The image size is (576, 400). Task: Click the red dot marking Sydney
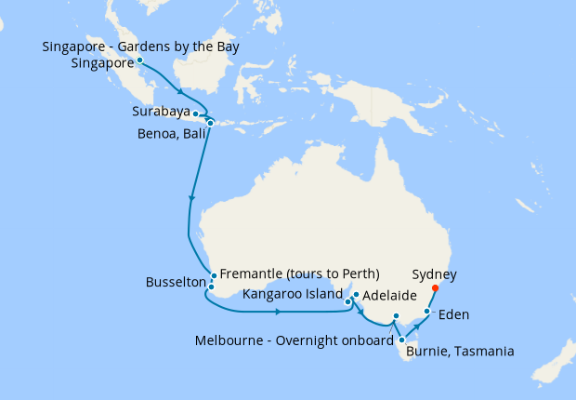coord(435,287)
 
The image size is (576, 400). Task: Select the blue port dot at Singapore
coord(139,60)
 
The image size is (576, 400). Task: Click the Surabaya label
coord(161,112)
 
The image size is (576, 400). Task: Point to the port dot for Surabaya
coord(195,113)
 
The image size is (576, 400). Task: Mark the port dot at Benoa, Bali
coord(211,123)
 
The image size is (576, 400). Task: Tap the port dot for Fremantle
coord(214,275)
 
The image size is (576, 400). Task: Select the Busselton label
coord(176,281)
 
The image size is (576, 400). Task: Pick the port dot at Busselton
coord(211,287)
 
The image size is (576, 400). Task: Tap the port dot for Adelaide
coord(356,295)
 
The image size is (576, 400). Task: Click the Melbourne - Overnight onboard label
coord(295,340)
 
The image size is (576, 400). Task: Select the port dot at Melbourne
coord(396,317)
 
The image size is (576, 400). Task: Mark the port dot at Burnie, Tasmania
coord(401,340)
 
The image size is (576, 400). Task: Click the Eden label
coord(453,314)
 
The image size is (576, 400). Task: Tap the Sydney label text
coord(435,275)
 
